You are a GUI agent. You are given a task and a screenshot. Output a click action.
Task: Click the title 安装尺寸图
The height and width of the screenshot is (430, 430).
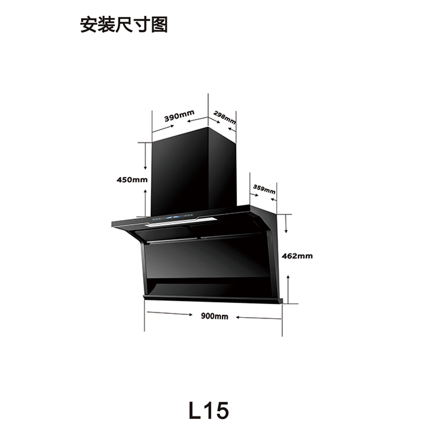(124, 25)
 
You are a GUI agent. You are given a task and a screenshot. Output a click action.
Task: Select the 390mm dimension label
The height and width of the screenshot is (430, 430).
(179, 117)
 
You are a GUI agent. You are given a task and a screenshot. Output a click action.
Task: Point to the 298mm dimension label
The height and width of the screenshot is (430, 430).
(224, 117)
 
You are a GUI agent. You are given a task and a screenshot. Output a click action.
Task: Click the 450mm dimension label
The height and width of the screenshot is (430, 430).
(132, 180)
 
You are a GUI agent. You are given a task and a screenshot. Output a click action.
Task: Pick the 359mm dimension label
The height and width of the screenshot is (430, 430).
(264, 189)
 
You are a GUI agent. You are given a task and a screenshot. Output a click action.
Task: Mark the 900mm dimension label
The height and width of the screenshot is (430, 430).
(214, 316)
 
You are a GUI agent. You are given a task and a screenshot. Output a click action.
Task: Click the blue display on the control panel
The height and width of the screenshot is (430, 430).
(176, 217)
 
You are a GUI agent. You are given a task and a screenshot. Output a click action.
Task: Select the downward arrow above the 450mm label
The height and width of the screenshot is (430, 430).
(145, 159)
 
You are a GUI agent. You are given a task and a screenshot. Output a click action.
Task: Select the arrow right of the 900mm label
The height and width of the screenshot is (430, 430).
(258, 318)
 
